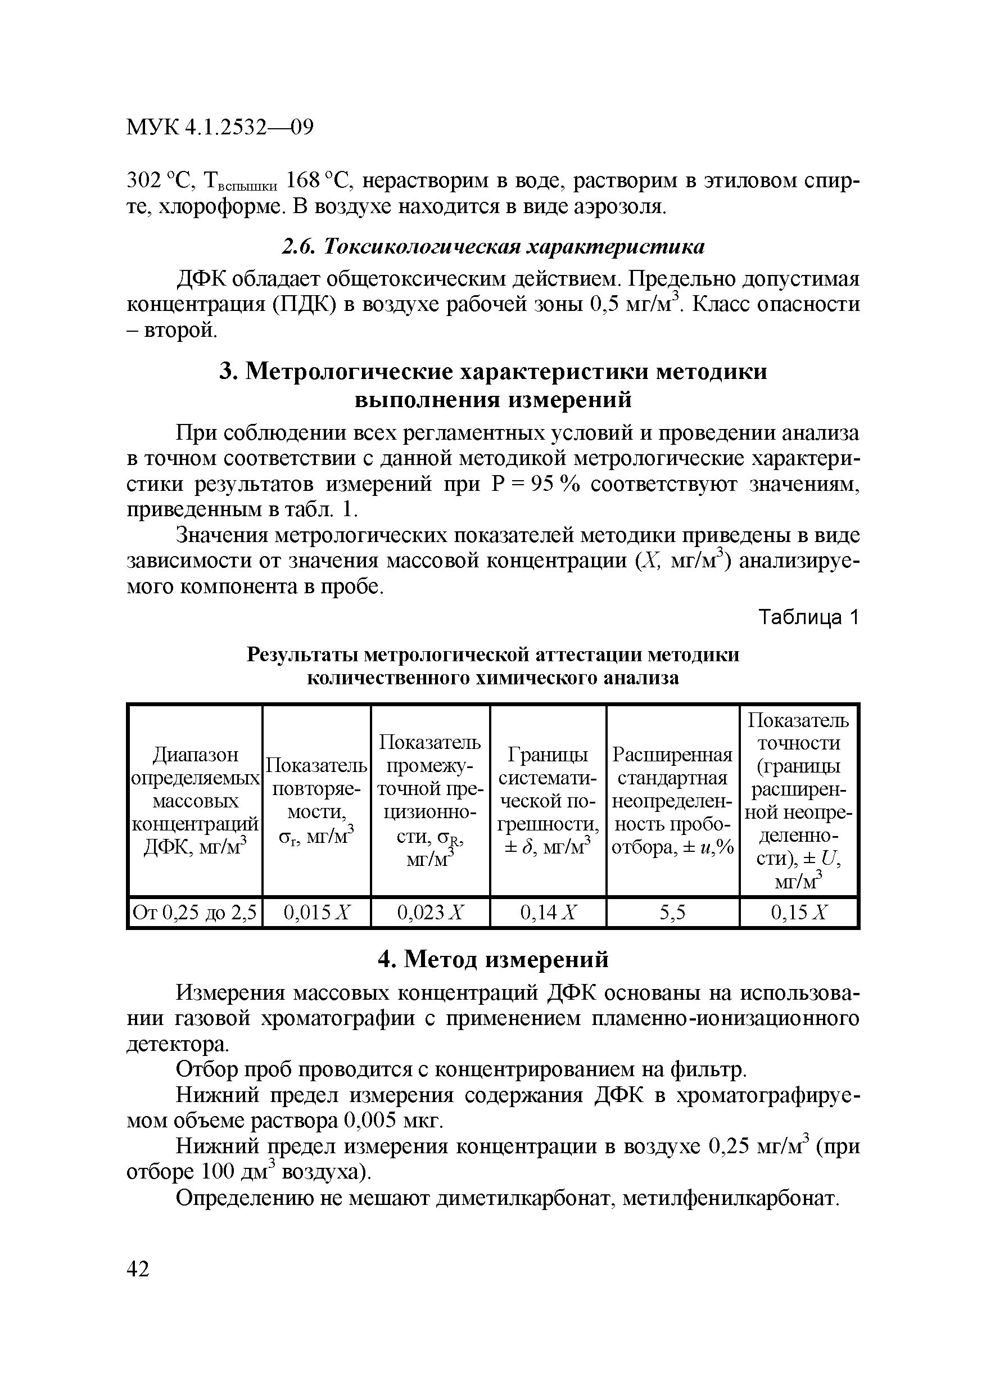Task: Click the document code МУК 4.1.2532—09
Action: tap(219, 128)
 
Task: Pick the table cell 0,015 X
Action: tap(317, 913)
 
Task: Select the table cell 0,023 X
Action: tap(430, 913)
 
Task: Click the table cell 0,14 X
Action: tap(548, 913)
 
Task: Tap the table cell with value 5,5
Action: tap(672, 913)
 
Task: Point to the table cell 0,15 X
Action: tap(798, 913)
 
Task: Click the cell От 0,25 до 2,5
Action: tap(195, 913)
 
